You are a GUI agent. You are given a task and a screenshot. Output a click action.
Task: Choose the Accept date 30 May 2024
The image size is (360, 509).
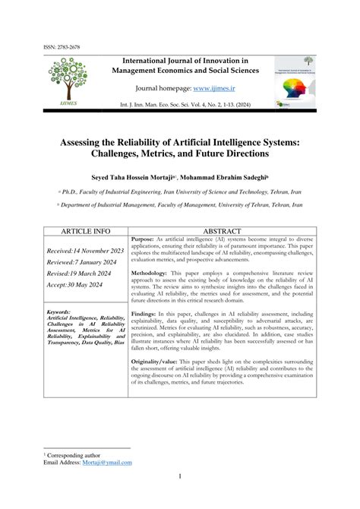point(73,286)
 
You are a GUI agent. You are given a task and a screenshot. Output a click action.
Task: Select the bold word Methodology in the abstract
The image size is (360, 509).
point(153,272)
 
